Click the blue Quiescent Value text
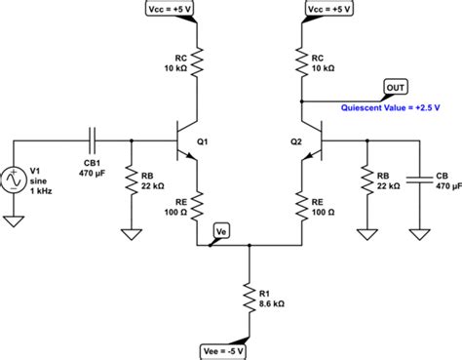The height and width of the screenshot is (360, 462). (393, 108)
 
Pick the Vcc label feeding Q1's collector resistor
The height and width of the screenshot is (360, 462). (195, 9)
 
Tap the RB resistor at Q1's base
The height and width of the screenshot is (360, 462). (131, 181)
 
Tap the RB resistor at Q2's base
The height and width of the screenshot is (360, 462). (366, 181)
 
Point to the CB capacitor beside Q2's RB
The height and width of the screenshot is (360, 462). (421, 180)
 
